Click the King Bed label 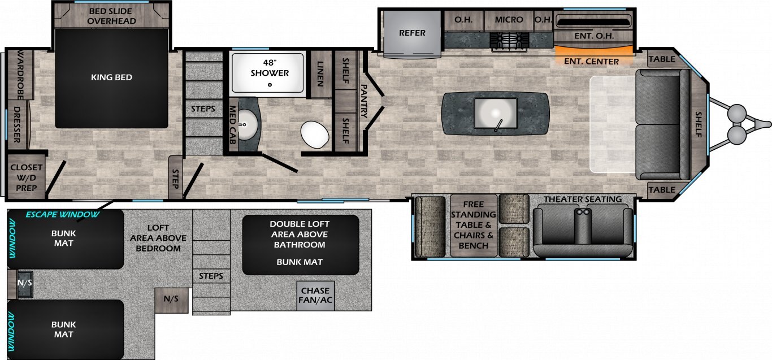(x=111, y=77)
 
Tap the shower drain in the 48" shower (x=270, y=85)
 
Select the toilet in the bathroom (x=315, y=135)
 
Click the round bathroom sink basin (x=247, y=124)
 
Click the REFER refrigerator (x=412, y=33)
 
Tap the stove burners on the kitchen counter (x=509, y=40)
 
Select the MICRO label (x=509, y=20)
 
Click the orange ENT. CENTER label (x=591, y=62)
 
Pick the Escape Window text (x=63, y=215)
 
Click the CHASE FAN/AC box (x=315, y=296)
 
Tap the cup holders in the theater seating (x=583, y=212)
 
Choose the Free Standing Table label (x=473, y=225)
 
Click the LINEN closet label (x=320, y=74)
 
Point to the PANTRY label (x=363, y=101)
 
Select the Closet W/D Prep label (x=26, y=178)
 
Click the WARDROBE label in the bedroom (x=20, y=75)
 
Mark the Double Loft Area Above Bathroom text (x=300, y=235)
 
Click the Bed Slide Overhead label (x=111, y=16)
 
